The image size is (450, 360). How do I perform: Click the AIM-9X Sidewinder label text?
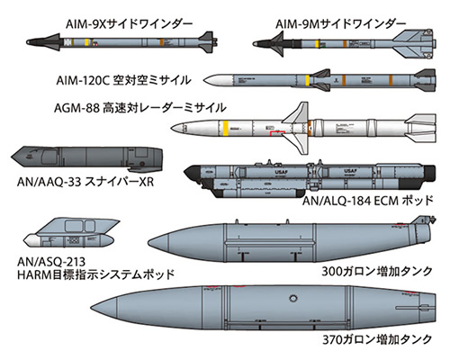pyautogui.click(x=129, y=23)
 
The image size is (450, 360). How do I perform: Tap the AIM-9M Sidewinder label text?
pyautogui.click(x=341, y=23)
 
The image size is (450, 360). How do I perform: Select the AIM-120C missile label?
pyautogui.click(x=123, y=80)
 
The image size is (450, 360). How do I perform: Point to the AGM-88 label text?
pyautogui.click(x=139, y=108)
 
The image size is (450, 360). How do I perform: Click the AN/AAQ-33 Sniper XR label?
pyautogui.click(x=85, y=182)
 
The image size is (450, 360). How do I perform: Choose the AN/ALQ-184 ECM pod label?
pyautogui.click(x=368, y=200)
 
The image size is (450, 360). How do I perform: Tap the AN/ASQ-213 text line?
pyautogui.click(x=51, y=262)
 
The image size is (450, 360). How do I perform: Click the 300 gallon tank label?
pyautogui.click(x=377, y=271)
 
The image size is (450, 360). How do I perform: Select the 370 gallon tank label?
pyautogui.click(x=377, y=339)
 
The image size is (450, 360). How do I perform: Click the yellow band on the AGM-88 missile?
pyautogui.click(x=225, y=128)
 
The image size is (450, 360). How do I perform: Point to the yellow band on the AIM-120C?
pyautogui.click(x=307, y=80)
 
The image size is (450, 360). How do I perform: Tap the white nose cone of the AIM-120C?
pyautogui.click(x=219, y=80)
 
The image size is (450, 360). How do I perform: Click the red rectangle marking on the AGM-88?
pyautogui.click(x=277, y=133)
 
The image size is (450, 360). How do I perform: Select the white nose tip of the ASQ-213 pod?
pyautogui.click(x=31, y=240)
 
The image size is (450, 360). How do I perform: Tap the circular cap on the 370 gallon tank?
pyautogui.click(x=292, y=299)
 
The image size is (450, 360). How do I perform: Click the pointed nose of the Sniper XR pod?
pyautogui.click(x=12, y=157)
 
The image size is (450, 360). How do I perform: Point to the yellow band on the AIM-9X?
pyautogui.click(x=86, y=42)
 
